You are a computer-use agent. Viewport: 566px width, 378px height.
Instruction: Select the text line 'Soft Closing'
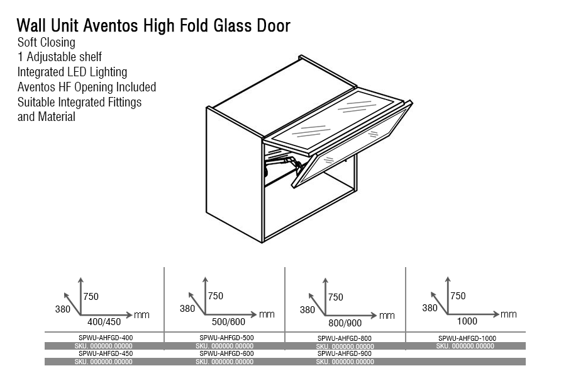(47, 42)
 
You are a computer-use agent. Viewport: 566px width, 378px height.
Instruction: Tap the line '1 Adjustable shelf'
(60, 57)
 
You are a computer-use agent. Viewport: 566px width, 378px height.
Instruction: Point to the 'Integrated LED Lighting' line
(72, 72)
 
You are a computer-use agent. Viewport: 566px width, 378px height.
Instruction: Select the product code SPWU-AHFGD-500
(226, 338)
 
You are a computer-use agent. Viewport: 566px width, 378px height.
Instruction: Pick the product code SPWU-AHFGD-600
(226, 354)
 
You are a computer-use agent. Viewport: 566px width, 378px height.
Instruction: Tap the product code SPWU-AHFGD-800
(345, 338)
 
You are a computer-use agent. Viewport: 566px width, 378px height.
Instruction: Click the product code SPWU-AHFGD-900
(345, 354)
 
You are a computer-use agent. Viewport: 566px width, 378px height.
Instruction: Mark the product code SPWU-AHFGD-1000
(467, 338)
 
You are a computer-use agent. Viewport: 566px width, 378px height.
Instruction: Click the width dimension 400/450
(104, 322)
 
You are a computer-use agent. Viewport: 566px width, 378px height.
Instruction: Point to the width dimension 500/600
(228, 322)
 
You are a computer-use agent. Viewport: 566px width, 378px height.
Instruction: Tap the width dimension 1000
(467, 321)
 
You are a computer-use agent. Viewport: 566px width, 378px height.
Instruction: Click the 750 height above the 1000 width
(458, 296)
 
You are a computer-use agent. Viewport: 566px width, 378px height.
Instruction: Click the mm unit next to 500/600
(267, 314)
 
